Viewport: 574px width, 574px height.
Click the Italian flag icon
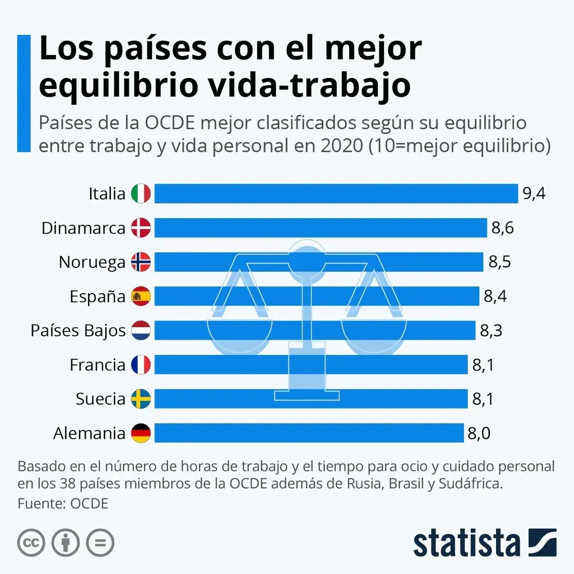(141, 194)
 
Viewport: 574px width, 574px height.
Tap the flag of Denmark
(141, 228)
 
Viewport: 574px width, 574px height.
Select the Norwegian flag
(141, 262)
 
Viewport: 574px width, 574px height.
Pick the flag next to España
(141, 297)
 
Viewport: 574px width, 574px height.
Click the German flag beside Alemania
(141, 433)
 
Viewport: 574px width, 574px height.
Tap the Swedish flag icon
(141, 399)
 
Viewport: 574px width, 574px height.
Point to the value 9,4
(534, 194)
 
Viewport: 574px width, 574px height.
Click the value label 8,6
(502, 228)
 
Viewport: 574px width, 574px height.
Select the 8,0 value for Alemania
(480, 433)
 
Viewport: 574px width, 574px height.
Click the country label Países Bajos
(78, 331)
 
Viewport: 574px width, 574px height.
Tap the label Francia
(98, 365)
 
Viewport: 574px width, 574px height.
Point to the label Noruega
(92, 262)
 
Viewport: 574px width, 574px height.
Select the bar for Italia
(336, 194)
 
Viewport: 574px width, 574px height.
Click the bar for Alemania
(309, 433)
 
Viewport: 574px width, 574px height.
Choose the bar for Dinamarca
(320, 228)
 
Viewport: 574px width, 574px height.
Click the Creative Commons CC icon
(31, 543)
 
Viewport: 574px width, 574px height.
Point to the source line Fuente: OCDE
(63, 503)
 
